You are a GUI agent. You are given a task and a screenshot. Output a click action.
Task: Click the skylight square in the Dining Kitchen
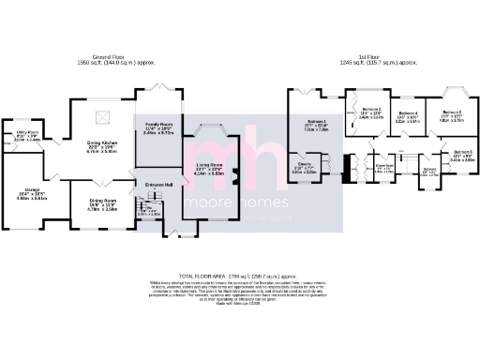pyautogui.click(x=106, y=117)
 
